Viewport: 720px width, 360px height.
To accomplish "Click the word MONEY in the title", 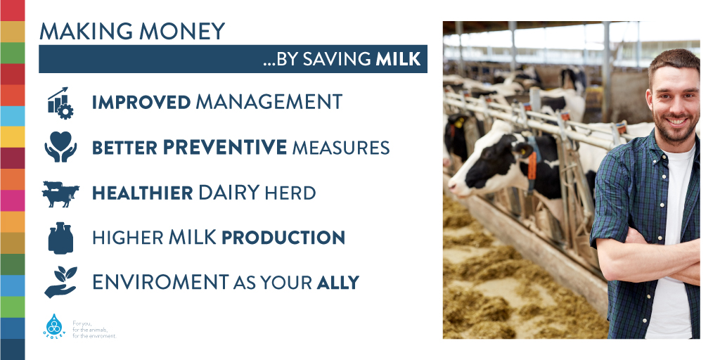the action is [x=182, y=31].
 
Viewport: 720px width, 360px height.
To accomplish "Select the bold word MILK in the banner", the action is [x=398, y=59].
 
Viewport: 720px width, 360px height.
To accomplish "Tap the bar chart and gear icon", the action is [x=60, y=103].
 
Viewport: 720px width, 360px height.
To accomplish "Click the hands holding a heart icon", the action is [x=60, y=147].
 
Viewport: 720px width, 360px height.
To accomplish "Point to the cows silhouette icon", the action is [x=60, y=194].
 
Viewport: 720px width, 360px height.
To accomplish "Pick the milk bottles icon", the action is [x=60, y=238].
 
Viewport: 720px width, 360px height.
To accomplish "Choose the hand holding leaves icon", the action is [x=60, y=281].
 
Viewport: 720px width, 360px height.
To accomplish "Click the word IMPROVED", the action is [x=141, y=102].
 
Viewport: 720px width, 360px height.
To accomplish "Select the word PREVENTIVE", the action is [x=225, y=148].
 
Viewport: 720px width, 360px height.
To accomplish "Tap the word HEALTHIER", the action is [x=142, y=193].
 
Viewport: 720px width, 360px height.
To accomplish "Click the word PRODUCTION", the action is [x=283, y=238].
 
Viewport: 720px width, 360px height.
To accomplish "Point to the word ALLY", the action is [x=338, y=283].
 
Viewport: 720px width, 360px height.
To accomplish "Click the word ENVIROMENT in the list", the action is [x=160, y=282].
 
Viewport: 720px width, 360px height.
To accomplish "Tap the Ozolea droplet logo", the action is [x=54, y=325].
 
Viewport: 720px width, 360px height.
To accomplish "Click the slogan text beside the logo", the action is [x=95, y=330].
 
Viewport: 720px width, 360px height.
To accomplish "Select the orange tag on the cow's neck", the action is [x=532, y=165].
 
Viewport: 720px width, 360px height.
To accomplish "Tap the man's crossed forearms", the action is [x=652, y=257].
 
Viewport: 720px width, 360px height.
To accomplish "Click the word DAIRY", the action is [x=229, y=193].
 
